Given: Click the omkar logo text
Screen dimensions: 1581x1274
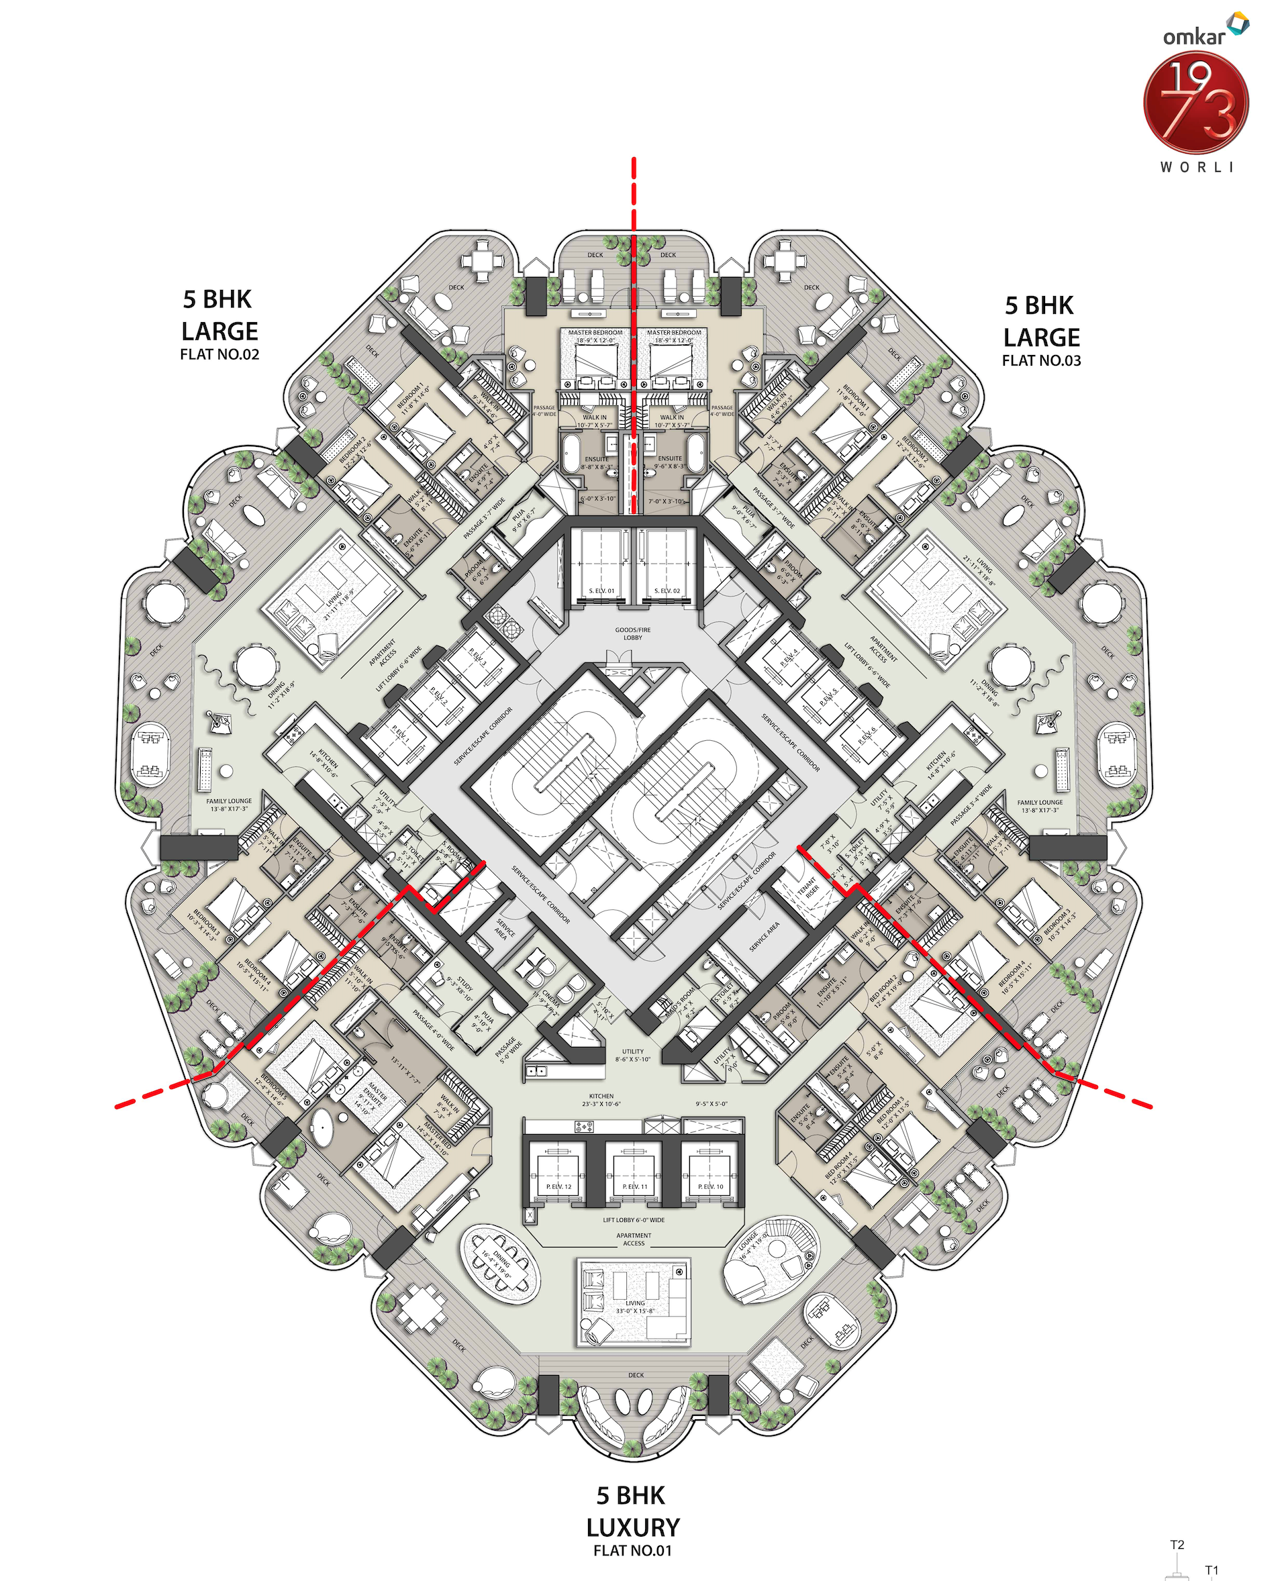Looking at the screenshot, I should point(1193,36).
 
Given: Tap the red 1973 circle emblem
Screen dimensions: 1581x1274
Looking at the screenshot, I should point(1195,103).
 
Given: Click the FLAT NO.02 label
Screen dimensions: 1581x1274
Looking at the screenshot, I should point(219,354).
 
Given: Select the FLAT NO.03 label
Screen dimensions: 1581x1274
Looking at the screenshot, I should point(1040,360).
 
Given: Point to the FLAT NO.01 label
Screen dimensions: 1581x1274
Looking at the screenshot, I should point(632,1549).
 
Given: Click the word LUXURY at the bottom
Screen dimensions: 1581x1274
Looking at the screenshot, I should point(632,1527).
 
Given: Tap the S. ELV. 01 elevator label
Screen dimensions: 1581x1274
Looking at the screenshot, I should point(601,591).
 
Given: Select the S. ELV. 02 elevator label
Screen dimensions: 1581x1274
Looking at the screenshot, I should point(667,591).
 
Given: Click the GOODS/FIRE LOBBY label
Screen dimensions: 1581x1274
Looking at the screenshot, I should point(632,633).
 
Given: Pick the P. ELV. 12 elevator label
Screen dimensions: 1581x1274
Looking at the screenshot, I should point(558,1186).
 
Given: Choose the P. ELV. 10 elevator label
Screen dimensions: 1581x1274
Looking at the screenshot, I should point(709,1186).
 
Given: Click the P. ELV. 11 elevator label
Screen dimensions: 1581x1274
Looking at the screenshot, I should point(635,1186).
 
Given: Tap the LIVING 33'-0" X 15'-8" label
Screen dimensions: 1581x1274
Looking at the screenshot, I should point(635,1307).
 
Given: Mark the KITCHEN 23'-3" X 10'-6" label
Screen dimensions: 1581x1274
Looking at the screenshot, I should point(601,1100).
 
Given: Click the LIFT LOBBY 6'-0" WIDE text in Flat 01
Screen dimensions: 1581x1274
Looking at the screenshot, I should point(634,1219).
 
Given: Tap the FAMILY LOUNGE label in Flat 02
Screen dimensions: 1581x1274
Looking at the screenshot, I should point(229,805).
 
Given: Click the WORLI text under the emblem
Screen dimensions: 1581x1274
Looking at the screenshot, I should point(1197,167).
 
